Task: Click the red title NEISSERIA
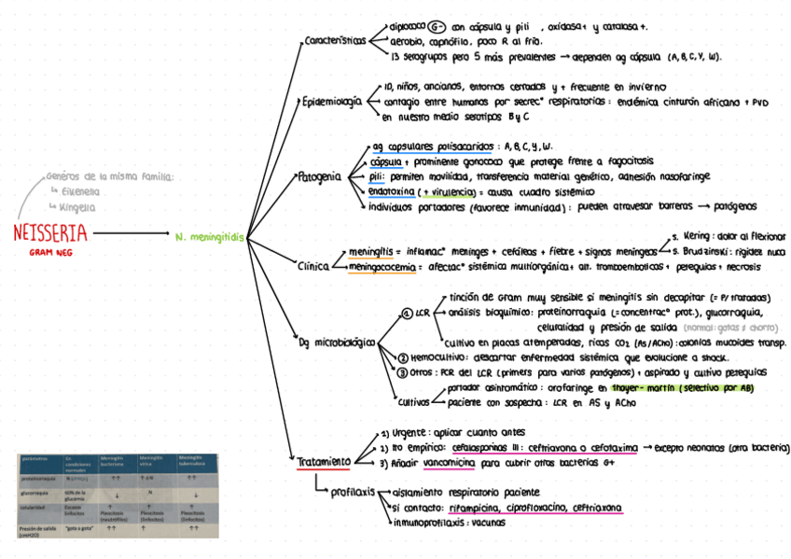[x=50, y=232]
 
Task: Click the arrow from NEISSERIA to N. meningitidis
[x=131, y=233]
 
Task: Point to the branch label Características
[x=335, y=42]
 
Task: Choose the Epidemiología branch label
[x=332, y=102]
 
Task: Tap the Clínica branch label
[x=312, y=265]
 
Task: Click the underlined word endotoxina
[x=393, y=191]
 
